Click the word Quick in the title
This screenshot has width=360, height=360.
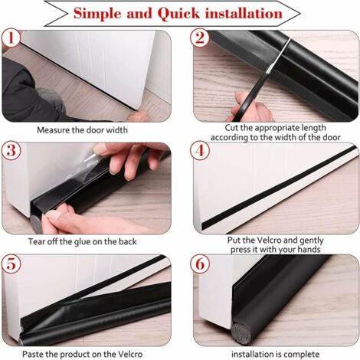tap(178, 14)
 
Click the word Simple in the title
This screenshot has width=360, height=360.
tap(97, 13)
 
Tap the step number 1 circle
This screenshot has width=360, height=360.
tap(11, 38)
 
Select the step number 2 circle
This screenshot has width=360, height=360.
tap(200, 38)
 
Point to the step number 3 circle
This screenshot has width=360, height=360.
tap(11, 150)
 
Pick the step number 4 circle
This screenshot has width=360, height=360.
tap(200, 150)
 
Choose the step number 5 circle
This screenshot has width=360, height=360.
tap(11, 263)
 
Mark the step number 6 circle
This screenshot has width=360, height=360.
tap(200, 263)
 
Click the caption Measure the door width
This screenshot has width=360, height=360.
tap(82, 130)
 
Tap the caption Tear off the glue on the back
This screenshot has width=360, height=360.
tap(82, 241)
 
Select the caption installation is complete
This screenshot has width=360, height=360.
tap(275, 355)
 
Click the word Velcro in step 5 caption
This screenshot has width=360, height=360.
tap(129, 355)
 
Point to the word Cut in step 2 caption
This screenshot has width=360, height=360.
tap(231, 128)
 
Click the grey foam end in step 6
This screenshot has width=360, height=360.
tap(238, 333)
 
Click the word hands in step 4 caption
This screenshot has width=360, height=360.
tap(309, 250)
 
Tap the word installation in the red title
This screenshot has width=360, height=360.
tap(244, 13)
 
